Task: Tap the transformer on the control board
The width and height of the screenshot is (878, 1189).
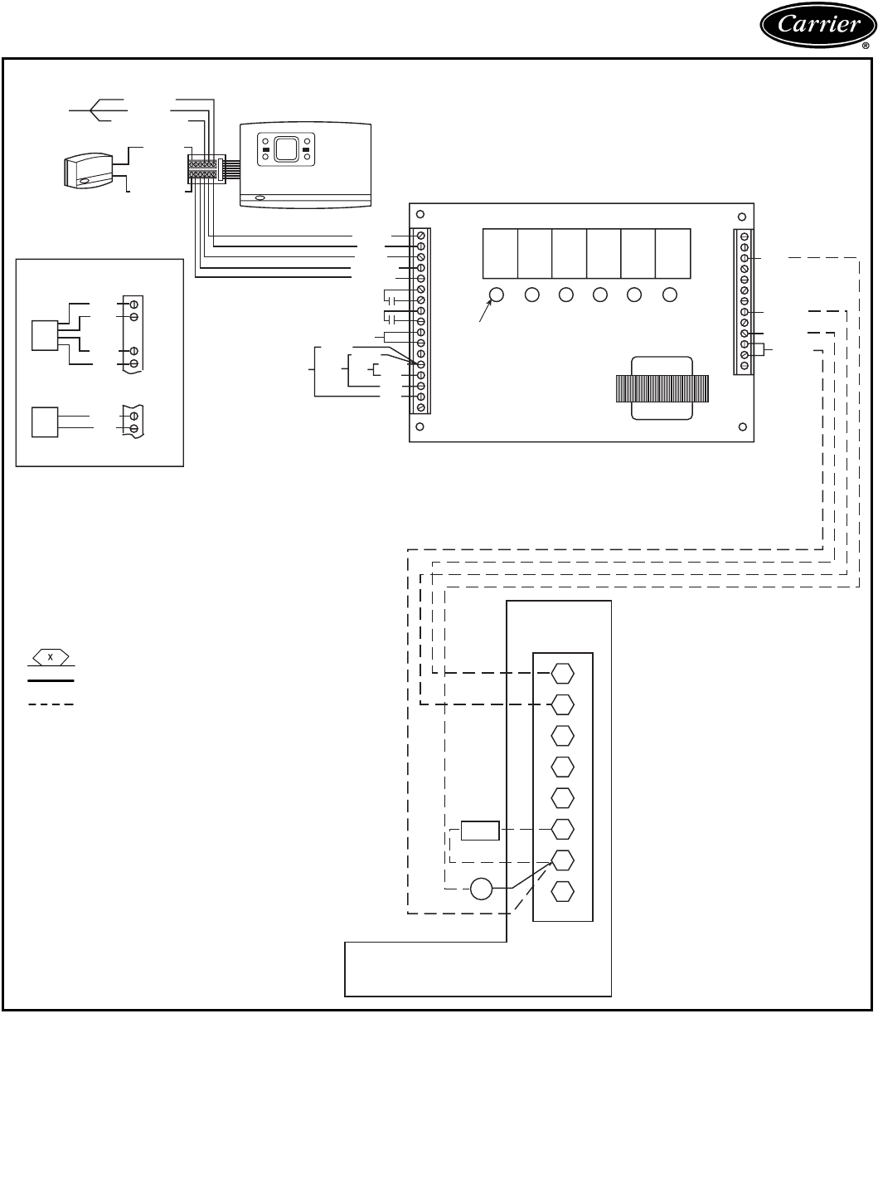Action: coord(662,388)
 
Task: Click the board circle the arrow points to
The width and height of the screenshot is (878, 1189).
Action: coord(497,294)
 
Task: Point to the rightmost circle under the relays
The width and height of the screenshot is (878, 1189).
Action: coord(670,294)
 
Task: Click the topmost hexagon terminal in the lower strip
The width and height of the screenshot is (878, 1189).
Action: coord(562,673)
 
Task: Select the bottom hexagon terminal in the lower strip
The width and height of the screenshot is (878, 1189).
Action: coord(562,891)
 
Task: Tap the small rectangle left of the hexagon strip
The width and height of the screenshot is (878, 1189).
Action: coord(480,830)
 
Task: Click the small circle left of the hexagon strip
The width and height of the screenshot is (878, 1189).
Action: coord(481,889)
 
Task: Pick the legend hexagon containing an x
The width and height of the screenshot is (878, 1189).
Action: coord(51,658)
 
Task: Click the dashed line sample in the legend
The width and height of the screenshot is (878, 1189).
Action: coord(51,704)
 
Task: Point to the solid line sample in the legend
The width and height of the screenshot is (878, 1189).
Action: coord(51,680)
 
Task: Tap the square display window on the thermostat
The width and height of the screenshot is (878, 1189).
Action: coord(286,149)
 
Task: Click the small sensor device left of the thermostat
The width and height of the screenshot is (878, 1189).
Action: coord(87,170)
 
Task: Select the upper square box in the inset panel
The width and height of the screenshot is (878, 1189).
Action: coord(44,334)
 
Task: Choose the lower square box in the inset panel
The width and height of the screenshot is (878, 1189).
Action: coord(44,422)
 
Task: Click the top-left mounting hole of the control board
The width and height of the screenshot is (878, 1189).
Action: coord(420,212)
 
